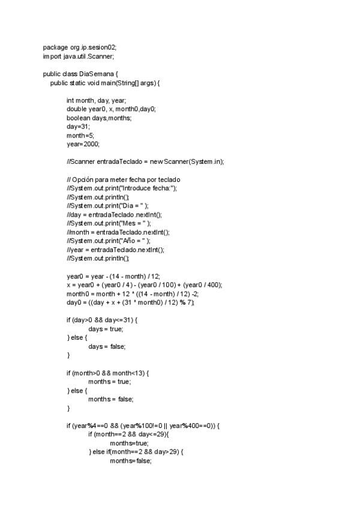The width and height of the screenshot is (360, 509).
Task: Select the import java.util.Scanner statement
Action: (78, 56)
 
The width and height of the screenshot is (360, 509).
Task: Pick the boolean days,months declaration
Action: (98, 118)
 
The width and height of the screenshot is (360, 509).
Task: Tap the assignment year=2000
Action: (83, 145)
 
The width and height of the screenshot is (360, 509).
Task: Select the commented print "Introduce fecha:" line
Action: (122, 188)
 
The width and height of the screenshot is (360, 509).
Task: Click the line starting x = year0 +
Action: (144, 285)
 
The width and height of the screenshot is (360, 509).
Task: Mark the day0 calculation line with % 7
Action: (130, 303)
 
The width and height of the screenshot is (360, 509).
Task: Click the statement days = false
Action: (107, 346)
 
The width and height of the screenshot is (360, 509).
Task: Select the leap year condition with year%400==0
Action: (143, 426)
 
